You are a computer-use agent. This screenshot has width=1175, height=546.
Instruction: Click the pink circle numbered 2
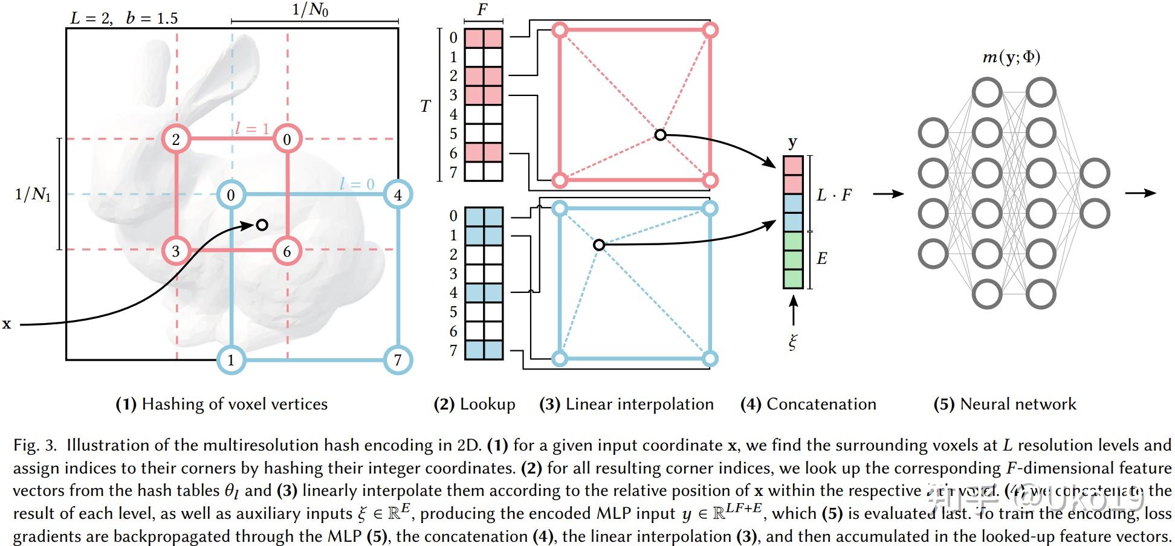pos(176,140)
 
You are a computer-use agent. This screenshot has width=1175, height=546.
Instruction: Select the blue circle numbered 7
pos(398,360)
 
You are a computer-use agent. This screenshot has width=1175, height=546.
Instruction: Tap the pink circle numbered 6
pos(286,251)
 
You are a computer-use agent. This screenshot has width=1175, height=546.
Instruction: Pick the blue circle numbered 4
pos(398,195)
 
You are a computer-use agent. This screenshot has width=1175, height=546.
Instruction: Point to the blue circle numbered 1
pos(231,360)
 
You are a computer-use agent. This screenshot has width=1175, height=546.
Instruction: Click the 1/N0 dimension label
pos(310,10)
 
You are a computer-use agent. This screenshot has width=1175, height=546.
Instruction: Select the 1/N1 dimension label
pos(33,194)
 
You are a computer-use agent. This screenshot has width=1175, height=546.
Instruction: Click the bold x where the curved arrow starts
pos(7,324)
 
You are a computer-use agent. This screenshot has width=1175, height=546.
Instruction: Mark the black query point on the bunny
pos(262,225)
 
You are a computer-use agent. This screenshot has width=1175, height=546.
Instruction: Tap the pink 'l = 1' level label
pos(252,128)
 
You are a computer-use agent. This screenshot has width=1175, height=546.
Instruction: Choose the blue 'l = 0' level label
pos(357,184)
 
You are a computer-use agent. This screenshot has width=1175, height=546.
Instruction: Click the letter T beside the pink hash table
pos(426,106)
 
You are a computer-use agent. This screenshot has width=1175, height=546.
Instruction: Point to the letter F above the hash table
pos(482,10)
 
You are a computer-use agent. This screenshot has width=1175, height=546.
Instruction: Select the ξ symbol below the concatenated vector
pos(792,342)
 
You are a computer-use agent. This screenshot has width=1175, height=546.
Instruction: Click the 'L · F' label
pos(834,195)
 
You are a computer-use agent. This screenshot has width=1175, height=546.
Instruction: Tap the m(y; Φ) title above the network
pos(1011,57)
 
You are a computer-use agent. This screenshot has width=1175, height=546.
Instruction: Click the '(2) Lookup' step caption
pos(474,404)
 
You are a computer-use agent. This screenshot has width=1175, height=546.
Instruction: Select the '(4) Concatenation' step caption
pos(808,404)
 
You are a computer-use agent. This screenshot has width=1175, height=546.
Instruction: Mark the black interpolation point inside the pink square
pos(660,135)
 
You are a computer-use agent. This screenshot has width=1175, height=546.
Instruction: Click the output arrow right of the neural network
pos(1140,193)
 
